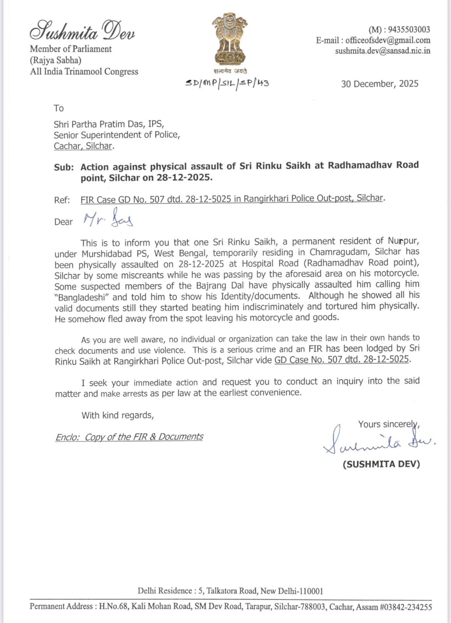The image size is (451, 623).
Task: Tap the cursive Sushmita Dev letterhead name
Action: pos(82,30)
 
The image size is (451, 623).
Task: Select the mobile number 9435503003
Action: pos(409,30)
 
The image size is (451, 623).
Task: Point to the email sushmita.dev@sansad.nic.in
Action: pos(382,51)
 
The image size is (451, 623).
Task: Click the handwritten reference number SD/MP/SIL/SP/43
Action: pos(227,83)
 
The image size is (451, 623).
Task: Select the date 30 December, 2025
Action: pos(379,84)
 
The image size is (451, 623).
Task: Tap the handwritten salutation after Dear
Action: pos(108,219)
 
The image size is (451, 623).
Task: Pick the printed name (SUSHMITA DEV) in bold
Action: pos(381,464)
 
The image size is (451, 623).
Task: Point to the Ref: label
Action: pos(62,200)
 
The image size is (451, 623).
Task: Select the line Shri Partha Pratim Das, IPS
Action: pos(109,124)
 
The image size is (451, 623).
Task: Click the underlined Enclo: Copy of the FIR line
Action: pos(129,437)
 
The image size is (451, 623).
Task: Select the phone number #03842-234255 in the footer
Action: pos(406,607)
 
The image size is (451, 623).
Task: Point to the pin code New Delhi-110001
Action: pos(292,591)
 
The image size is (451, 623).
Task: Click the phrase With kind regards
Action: pos(118,415)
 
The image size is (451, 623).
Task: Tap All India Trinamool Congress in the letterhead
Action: pos(84,72)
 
